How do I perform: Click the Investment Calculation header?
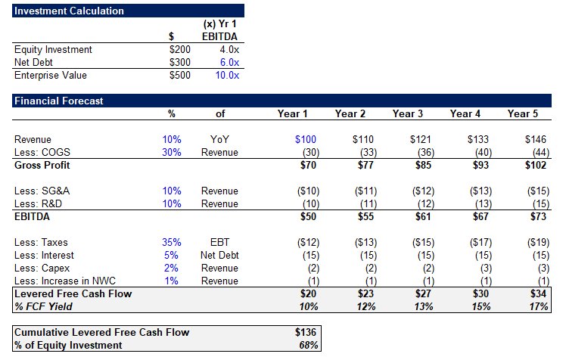(x=69, y=11)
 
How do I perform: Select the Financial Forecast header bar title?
(x=58, y=101)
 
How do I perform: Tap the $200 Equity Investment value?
(x=181, y=50)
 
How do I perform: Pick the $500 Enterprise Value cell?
(x=181, y=76)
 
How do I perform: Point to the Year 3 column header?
(x=408, y=114)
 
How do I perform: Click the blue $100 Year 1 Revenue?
(x=297, y=140)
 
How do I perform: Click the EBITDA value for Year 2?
(x=354, y=217)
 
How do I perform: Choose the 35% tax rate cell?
(x=171, y=243)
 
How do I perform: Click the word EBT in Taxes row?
(x=219, y=243)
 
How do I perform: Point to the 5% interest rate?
(x=173, y=256)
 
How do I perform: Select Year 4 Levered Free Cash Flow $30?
(x=471, y=294)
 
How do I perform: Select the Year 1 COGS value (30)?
(x=298, y=153)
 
